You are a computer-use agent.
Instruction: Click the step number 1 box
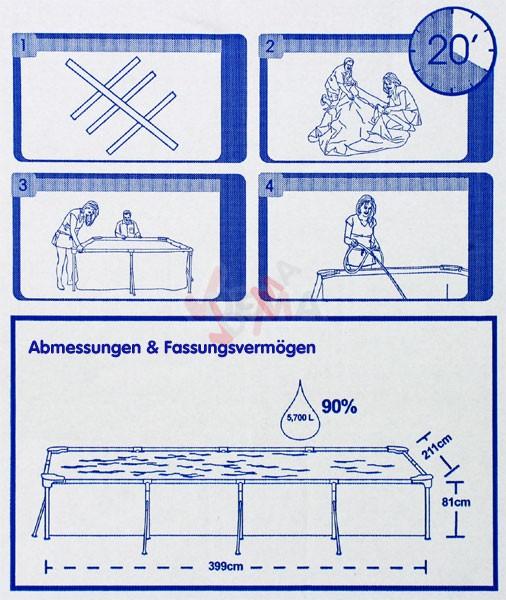tap(24, 46)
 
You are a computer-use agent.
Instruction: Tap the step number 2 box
tap(271, 46)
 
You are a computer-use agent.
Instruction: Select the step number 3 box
tap(24, 185)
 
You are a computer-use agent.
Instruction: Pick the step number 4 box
tap(270, 186)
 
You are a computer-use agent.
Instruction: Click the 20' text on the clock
tap(448, 51)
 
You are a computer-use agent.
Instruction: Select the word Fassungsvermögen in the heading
tap(240, 348)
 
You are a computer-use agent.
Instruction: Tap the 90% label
tap(339, 406)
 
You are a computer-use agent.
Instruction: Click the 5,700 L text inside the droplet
tap(300, 418)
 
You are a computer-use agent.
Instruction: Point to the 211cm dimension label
tap(437, 447)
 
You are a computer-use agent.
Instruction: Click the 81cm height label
tap(456, 502)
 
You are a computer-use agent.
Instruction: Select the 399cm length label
tap(226, 566)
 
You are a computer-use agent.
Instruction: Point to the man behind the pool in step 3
tap(127, 225)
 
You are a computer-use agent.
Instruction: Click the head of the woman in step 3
tap(91, 210)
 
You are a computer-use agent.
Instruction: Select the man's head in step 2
tap(348, 64)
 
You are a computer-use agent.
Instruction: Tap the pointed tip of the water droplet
tap(300, 380)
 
